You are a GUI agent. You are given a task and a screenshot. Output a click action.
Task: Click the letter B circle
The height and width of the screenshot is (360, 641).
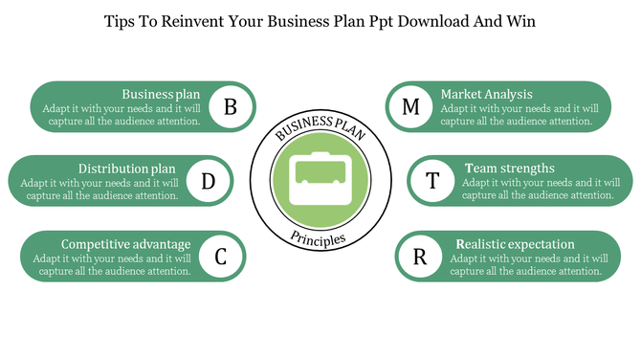[230, 106]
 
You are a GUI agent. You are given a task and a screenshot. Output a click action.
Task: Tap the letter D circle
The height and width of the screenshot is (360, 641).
[208, 180]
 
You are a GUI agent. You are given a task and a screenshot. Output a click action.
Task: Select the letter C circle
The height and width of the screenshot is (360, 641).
[220, 256]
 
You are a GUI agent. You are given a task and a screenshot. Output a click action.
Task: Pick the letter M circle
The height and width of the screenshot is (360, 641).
[410, 106]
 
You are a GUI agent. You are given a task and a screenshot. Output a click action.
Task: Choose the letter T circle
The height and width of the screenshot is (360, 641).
[432, 180]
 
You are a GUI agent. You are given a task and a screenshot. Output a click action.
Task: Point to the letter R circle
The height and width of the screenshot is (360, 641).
[419, 256]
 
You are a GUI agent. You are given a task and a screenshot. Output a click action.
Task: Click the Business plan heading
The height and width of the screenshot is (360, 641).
[161, 94]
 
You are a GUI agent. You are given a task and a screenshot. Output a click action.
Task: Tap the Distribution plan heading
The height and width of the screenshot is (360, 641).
[126, 168]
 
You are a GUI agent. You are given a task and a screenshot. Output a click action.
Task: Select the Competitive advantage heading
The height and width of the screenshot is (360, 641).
[125, 243]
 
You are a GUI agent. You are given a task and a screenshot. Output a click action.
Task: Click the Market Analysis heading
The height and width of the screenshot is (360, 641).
[486, 94]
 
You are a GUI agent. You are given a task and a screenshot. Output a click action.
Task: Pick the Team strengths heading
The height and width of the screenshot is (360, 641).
[509, 168]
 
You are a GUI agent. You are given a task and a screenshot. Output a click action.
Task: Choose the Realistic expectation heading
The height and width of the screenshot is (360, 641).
[515, 243]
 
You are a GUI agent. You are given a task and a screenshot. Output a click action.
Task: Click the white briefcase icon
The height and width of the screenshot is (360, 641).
[320, 179]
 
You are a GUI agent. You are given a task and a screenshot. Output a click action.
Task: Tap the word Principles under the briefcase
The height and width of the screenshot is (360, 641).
[320, 238]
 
